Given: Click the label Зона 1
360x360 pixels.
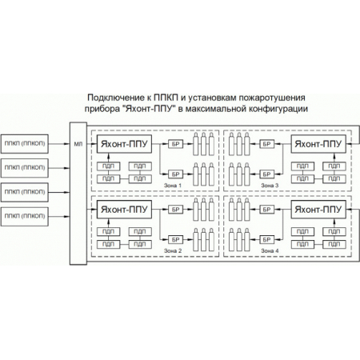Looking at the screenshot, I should (x=173, y=186).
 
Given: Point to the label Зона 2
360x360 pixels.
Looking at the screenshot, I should (x=173, y=251).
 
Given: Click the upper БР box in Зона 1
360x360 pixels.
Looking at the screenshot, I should (x=175, y=145).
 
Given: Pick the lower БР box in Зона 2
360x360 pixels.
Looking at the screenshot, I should (x=175, y=238).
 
